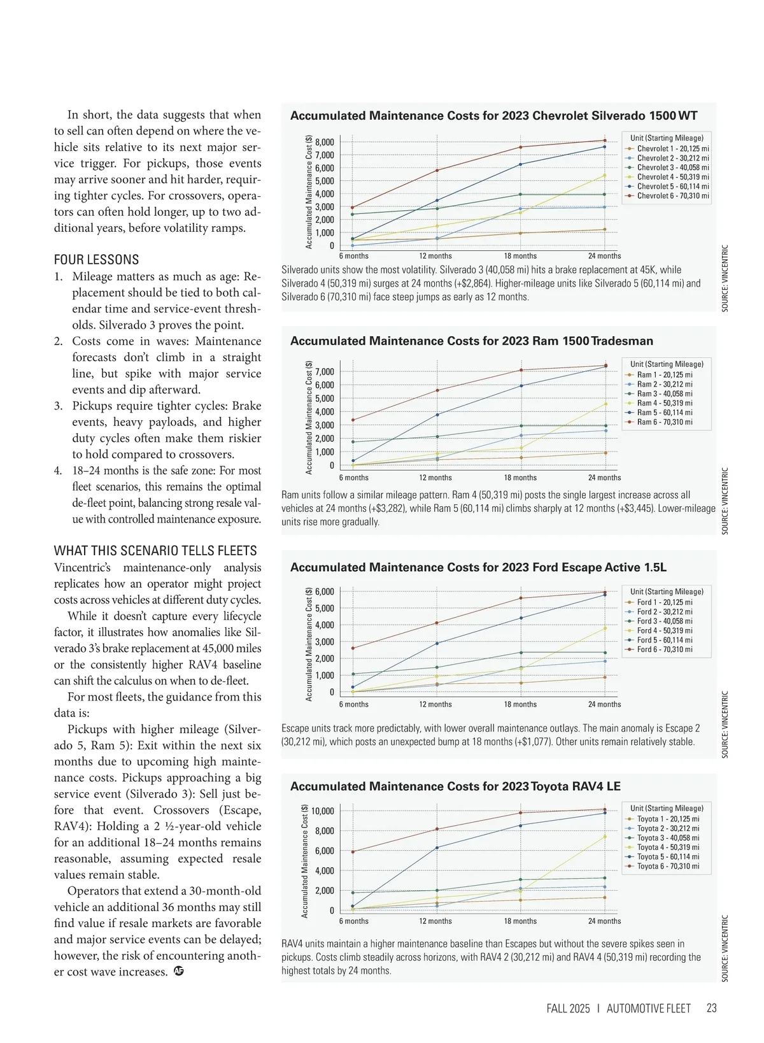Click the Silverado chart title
[x=493, y=116]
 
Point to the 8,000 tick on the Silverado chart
[x=325, y=143]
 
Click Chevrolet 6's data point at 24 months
[x=604, y=141]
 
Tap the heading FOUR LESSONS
[x=96, y=260]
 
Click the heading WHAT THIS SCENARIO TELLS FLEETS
[x=155, y=551]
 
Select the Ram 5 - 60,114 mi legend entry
[x=664, y=413]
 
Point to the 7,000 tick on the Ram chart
[x=325, y=372]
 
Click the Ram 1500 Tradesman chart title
[x=472, y=341]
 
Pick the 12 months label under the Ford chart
[x=435, y=704]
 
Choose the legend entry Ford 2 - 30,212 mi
[x=664, y=612]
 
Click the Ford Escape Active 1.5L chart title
[x=478, y=567]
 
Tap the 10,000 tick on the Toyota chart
[x=322, y=811]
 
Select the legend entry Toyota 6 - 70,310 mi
[x=667, y=867]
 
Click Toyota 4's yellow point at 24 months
[x=604, y=837]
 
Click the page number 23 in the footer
[x=711, y=1008]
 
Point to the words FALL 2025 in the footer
[x=568, y=1009]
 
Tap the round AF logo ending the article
[x=179, y=972]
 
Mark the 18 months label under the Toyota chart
[x=520, y=921]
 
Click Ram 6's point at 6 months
[x=353, y=420]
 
